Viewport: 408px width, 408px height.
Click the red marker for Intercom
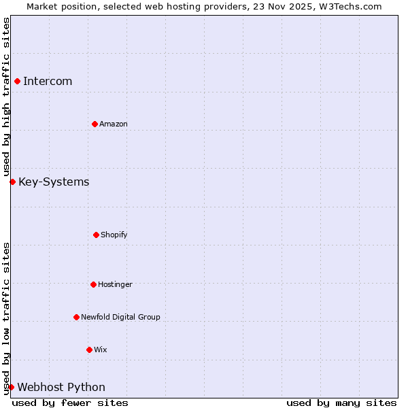17,82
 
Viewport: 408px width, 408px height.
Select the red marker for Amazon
95,124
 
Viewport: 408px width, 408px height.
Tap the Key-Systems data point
12,182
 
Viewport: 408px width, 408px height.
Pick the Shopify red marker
96,235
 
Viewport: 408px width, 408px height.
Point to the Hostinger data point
93,284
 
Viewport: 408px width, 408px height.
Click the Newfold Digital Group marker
76,317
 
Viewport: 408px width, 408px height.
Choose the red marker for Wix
89,350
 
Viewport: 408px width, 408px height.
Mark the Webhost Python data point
11,387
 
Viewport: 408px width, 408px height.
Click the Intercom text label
48,82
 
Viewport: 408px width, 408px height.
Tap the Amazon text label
114,124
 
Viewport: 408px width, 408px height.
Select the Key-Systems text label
54,182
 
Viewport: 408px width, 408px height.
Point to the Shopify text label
114,235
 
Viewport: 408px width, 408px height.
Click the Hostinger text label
115,284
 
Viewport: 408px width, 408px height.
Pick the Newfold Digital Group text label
120,317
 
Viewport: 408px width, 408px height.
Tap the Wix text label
101,350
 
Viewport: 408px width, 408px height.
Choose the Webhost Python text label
61,388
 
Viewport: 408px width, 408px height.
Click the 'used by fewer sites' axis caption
70,403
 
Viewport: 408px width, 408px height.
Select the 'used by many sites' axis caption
341,403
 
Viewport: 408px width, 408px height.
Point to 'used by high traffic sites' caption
6,97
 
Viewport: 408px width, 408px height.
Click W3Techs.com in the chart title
350,6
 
